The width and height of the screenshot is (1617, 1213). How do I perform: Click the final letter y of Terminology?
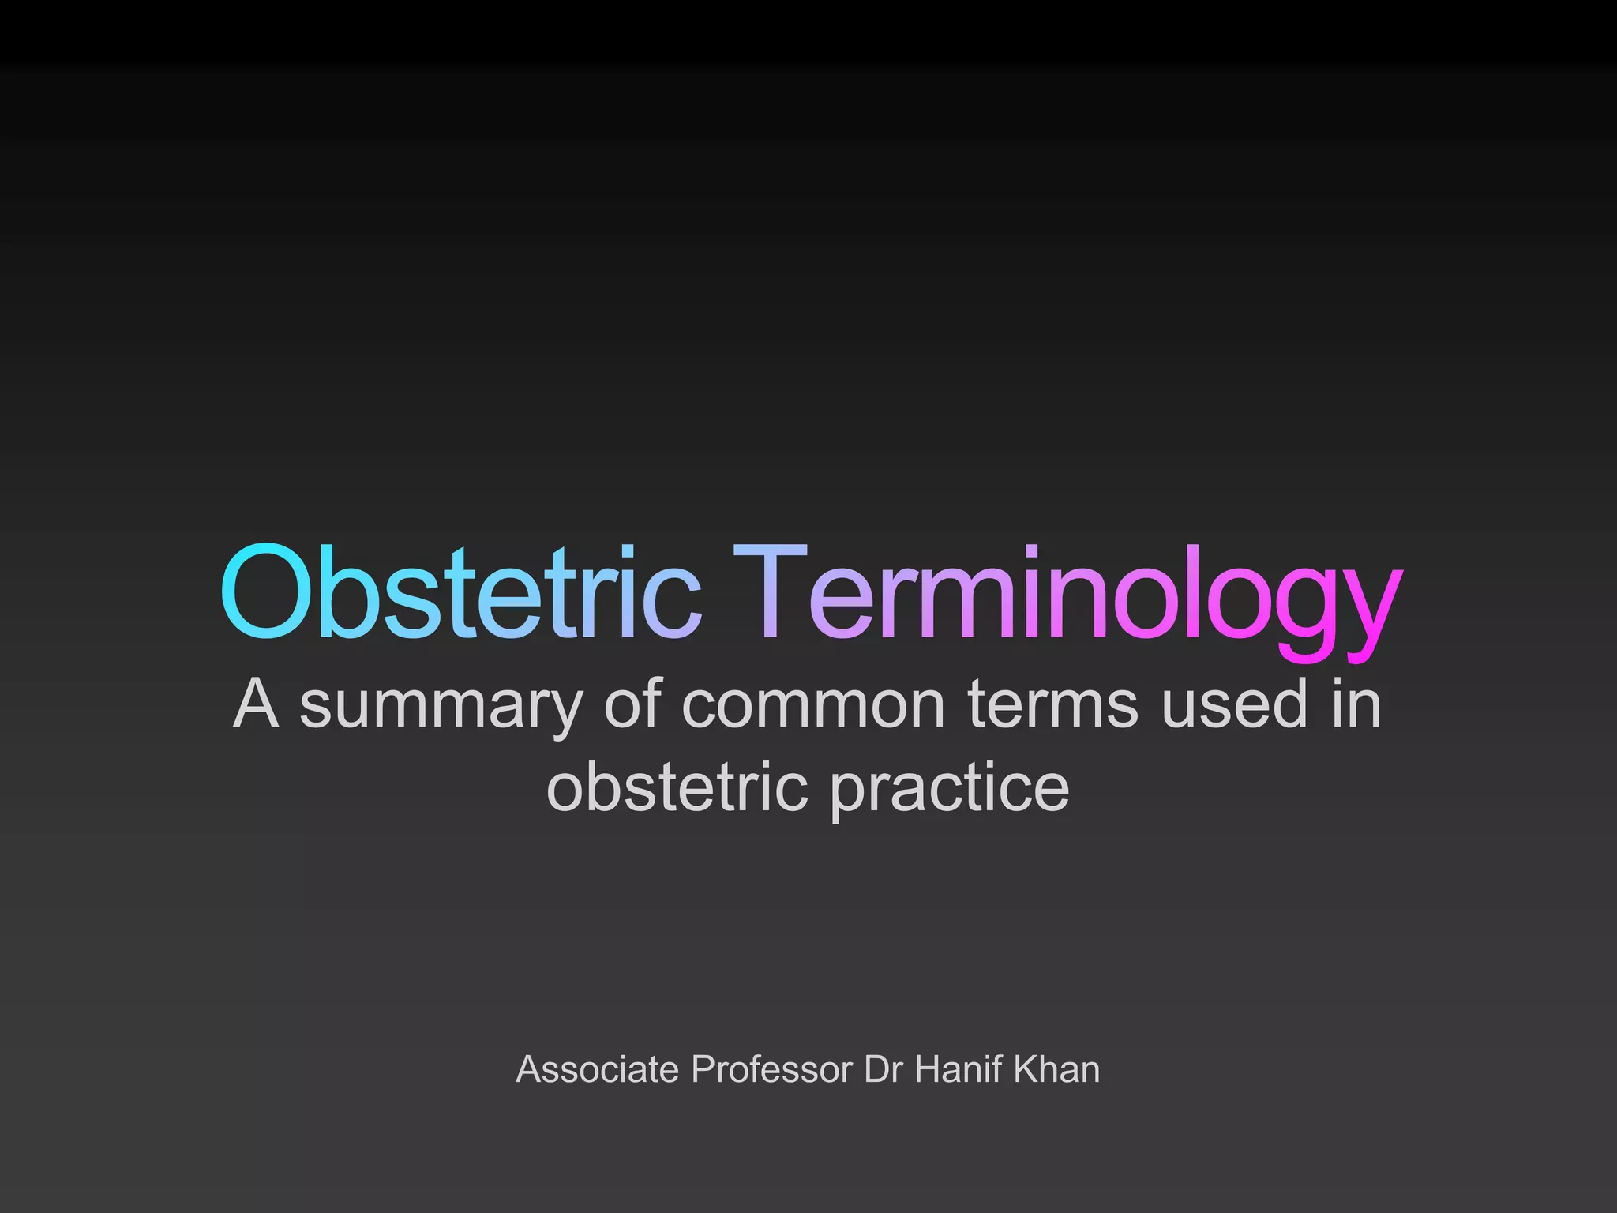click(1370, 608)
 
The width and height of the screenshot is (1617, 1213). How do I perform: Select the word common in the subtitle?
click(813, 705)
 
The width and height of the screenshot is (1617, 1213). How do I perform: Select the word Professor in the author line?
click(772, 1069)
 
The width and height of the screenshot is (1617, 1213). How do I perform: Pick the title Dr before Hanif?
click(883, 1069)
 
